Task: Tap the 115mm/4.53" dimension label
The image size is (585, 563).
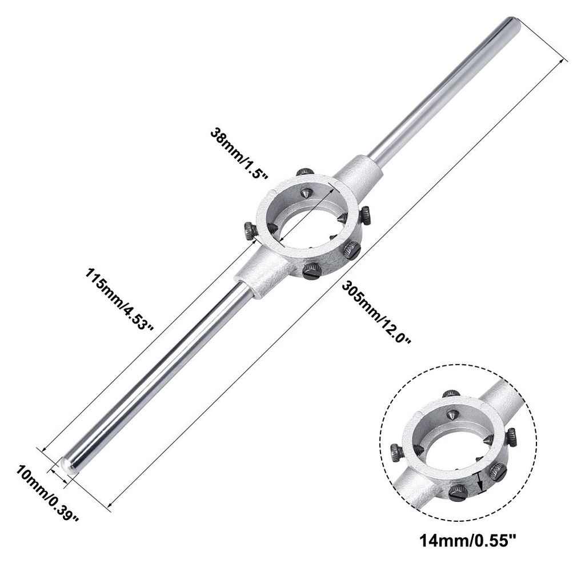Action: point(119,299)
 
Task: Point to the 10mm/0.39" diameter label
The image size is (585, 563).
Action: point(47,494)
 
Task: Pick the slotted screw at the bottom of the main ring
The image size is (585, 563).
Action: point(312,271)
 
